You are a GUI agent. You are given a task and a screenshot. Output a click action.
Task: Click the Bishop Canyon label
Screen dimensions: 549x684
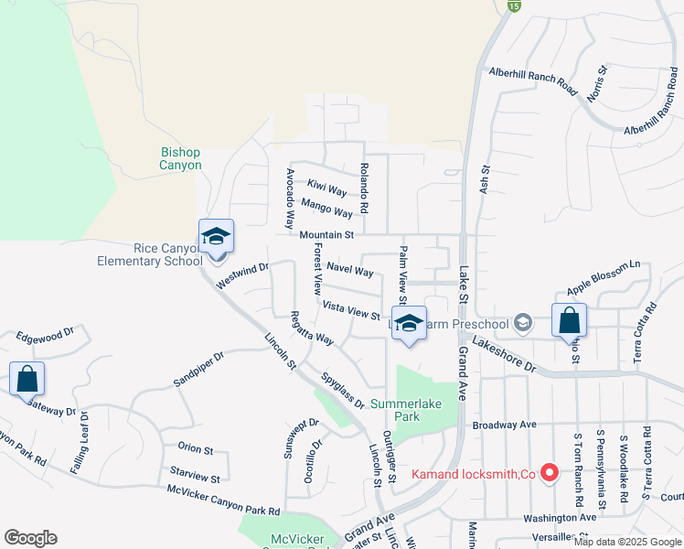click(180, 158)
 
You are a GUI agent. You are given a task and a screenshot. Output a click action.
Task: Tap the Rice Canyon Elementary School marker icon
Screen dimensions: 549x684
click(217, 238)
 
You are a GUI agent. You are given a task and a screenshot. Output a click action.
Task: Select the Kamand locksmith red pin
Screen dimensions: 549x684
click(550, 473)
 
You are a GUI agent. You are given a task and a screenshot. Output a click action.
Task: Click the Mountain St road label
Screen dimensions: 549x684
click(326, 235)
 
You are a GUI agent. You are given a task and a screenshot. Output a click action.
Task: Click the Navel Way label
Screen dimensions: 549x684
click(349, 271)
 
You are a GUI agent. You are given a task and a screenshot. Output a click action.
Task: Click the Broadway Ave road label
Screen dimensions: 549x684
click(504, 425)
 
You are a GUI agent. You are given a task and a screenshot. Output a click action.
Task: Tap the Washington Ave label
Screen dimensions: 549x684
click(560, 517)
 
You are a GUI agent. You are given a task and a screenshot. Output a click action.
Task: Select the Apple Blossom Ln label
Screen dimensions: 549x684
click(604, 277)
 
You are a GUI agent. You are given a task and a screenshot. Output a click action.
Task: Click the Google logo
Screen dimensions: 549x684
click(30, 538)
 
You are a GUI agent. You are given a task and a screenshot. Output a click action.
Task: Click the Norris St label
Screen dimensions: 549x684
click(596, 83)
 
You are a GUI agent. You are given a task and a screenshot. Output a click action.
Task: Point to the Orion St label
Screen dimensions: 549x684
click(195, 450)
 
